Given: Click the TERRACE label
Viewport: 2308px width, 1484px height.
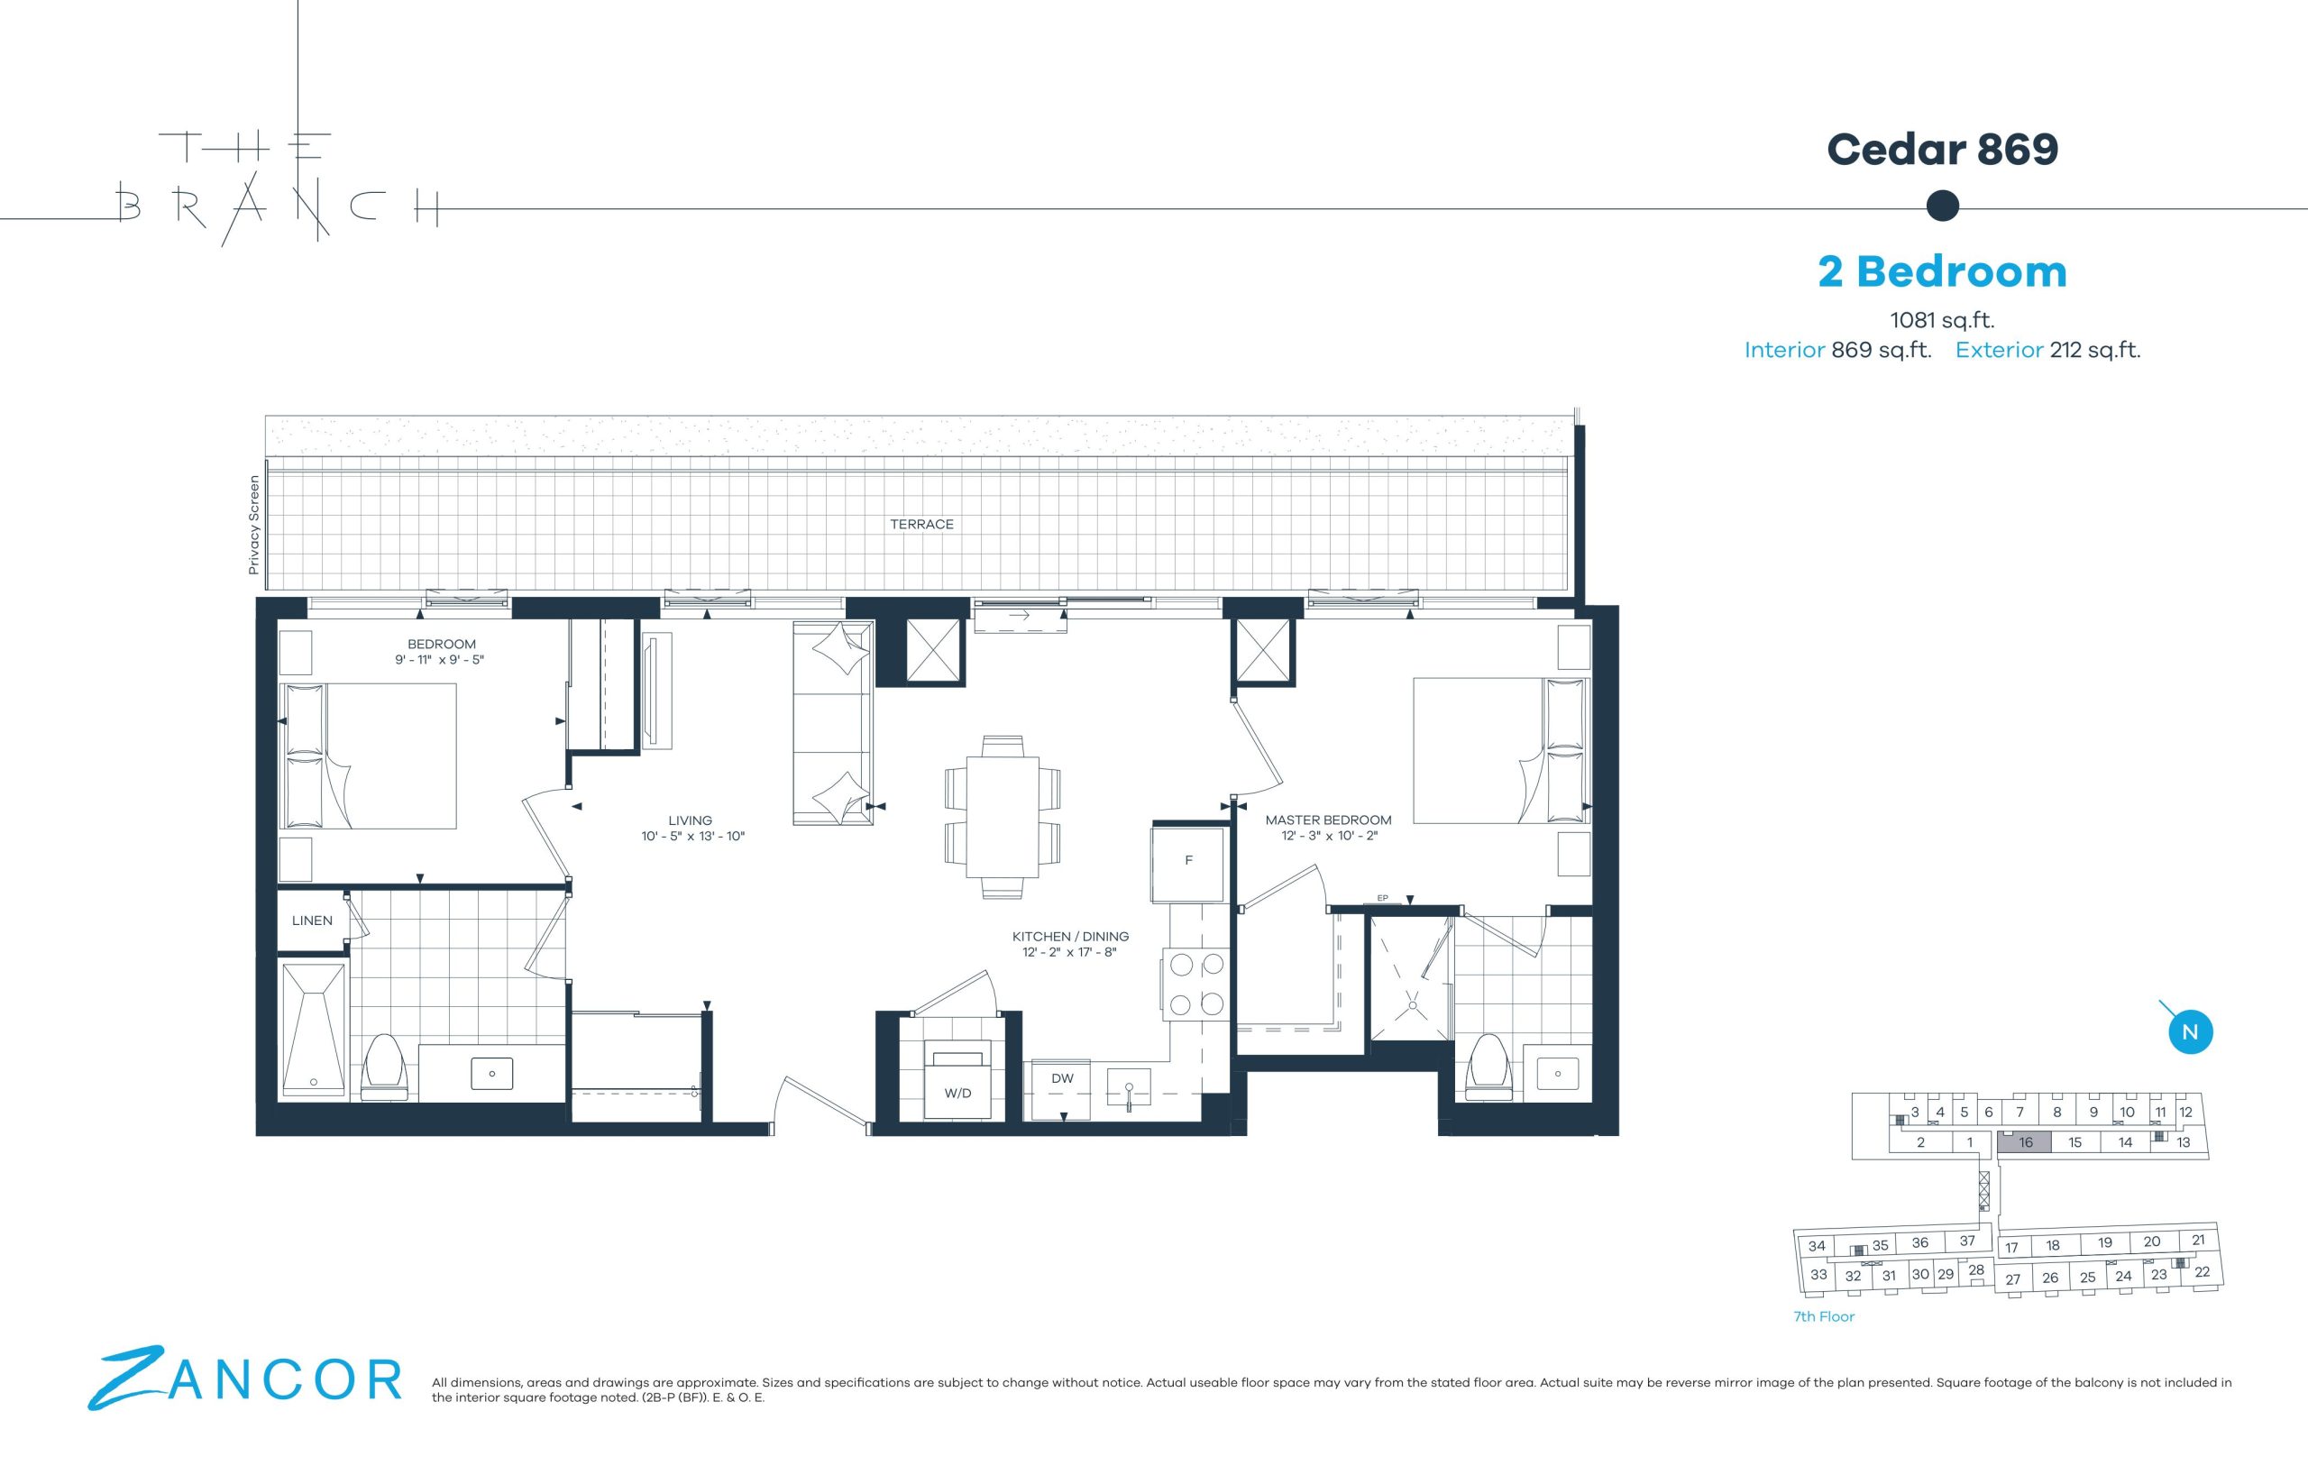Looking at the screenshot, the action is coord(921,524).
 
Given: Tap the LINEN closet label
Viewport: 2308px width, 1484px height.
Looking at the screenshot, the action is coord(312,921).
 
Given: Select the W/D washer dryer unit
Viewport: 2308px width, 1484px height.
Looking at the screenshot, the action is coord(957,1079).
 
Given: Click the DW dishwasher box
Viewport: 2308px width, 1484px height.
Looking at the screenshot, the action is coord(1061,1090).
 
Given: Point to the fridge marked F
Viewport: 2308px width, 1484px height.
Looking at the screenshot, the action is coord(1188,860).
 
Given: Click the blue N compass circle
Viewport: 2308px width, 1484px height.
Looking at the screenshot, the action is coord(2190,1032).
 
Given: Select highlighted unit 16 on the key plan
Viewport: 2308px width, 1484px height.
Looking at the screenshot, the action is coord(2025,1142).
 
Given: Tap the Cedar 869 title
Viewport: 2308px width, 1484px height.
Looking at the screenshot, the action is coord(1942,150).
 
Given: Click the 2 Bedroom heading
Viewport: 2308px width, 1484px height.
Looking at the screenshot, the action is coord(1942,271).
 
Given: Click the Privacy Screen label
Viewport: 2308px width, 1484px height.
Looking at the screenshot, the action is coord(253,526).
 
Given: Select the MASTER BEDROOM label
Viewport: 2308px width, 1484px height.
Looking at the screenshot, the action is coord(1328,820).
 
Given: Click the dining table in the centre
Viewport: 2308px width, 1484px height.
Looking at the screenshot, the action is coord(1003,817).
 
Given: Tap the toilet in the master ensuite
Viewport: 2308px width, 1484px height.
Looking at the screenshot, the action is coord(1488,1067).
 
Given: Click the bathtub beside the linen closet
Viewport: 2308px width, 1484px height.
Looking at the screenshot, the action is coord(313,1030).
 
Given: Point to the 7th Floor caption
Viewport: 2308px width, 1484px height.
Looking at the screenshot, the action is coord(1823,1316).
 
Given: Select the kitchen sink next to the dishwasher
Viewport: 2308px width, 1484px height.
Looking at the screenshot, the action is coord(1129,1091).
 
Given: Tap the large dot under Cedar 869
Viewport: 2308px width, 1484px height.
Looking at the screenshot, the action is coord(1942,206).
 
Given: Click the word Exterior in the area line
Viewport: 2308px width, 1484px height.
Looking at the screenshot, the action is coord(1999,351).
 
